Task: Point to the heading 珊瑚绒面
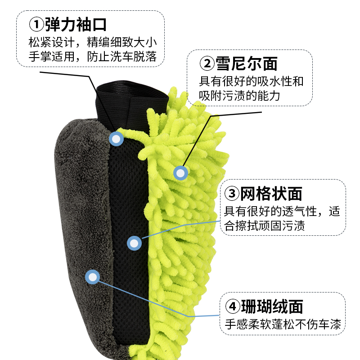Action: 277,306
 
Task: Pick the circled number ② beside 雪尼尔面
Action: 207,64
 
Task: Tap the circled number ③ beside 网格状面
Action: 231,194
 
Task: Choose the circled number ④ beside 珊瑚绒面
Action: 232,306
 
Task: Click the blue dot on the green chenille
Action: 181,173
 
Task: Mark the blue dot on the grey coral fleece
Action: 93,277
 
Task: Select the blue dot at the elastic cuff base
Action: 117,139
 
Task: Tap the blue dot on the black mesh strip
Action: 134,243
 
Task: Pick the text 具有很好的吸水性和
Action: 252,81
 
